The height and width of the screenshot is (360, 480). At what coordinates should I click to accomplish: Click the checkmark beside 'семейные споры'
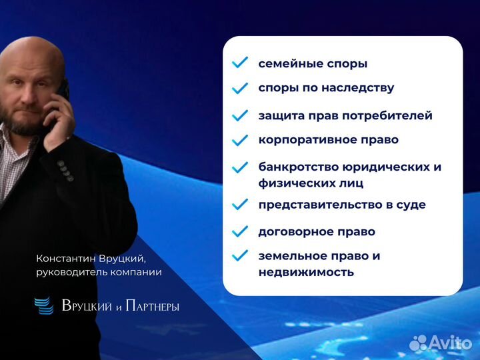click(x=239, y=63)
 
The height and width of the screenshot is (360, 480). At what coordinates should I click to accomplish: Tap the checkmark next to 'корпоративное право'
click(x=239, y=140)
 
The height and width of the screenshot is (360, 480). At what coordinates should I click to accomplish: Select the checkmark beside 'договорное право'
click(x=239, y=232)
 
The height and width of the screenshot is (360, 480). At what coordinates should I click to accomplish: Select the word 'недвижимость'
click(x=306, y=272)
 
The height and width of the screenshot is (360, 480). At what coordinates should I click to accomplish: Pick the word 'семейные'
click(x=287, y=64)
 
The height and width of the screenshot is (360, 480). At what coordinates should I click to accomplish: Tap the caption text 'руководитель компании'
click(x=99, y=272)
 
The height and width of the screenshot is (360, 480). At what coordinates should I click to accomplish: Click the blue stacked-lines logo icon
click(x=44, y=305)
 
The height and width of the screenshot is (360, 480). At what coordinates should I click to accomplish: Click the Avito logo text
click(x=450, y=342)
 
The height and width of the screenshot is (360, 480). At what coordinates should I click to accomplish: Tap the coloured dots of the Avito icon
click(x=418, y=343)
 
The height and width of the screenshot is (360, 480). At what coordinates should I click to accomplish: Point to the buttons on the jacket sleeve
click(x=65, y=171)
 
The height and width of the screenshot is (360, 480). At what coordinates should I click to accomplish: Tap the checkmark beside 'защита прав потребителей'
click(x=239, y=115)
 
